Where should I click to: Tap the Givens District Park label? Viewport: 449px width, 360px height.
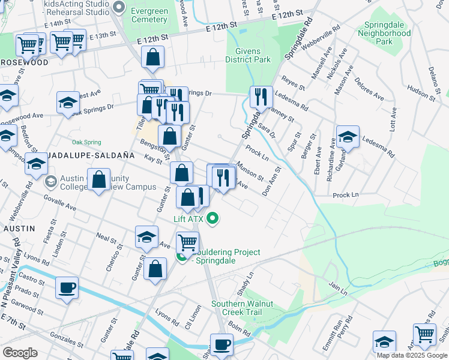[248, 55]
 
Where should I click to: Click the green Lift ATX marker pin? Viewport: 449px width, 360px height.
[212, 219]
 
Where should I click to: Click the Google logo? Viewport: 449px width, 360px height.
[20, 353]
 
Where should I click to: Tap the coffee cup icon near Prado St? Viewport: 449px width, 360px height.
[67, 287]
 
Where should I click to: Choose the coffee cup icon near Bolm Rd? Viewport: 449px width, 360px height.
[221, 344]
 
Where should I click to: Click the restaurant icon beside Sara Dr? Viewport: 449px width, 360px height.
[261, 97]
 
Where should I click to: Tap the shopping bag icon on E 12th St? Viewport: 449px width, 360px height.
[153, 58]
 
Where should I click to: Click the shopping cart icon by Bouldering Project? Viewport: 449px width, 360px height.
[187, 242]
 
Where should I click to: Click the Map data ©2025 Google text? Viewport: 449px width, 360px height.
[412, 355]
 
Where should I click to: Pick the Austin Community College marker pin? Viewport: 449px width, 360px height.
[51, 181]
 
